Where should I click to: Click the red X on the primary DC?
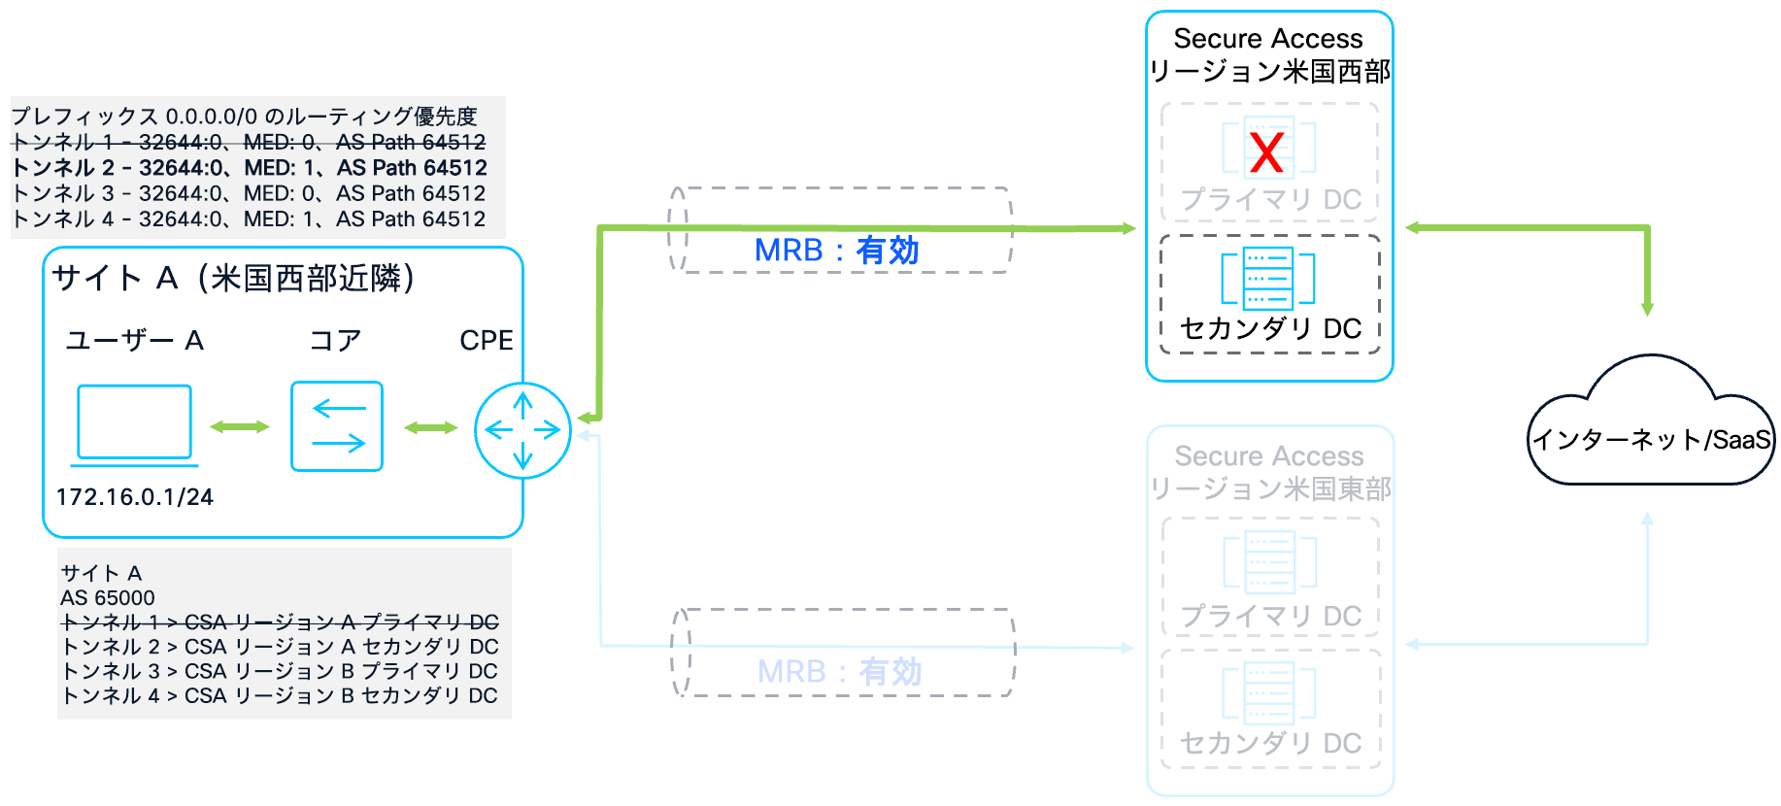[x=1266, y=152]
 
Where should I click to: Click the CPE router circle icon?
[x=522, y=430]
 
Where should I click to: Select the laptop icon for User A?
[x=134, y=424]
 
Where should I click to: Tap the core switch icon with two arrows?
[x=337, y=426]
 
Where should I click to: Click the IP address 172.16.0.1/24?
[x=134, y=497]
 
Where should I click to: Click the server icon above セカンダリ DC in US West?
[x=1268, y=278]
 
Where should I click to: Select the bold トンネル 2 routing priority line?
[x=250, y=168]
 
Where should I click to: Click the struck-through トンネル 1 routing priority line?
[x=250, y=143]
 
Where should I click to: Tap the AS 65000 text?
[x=107, y=597]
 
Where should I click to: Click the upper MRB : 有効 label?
[x=836, y=251]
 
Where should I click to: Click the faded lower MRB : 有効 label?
[x=839, y=672]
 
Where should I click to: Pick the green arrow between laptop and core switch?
[x=240, y=426]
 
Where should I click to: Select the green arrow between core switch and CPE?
[x=430, y=427]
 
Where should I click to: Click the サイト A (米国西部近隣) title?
[x=234, y=279]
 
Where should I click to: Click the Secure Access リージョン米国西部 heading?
[x=1268, y=54]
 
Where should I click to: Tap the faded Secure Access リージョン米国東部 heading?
[x=1269, y=472]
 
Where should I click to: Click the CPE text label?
[x=486, y=341]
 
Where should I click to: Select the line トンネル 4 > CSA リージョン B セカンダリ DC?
[x=280, y=696]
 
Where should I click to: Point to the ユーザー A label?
[x=134, y=341]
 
